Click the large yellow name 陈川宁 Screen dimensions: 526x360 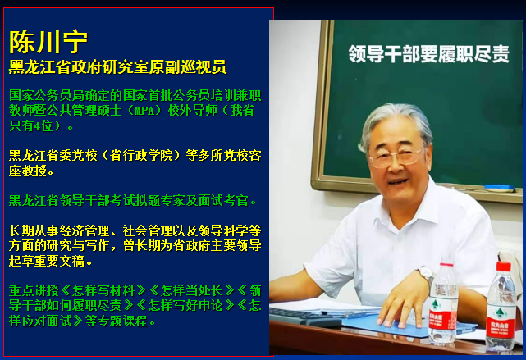coord(48,42)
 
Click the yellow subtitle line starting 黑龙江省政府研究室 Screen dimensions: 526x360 coord(117,66)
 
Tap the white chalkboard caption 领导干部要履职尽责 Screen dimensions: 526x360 coord(428,53)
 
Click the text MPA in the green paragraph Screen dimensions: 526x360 coord(144,111)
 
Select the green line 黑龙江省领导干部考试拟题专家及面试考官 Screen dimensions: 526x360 coord(133,200)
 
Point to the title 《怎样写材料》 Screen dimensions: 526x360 coord(103,290)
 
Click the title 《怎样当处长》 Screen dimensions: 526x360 coord(191,290)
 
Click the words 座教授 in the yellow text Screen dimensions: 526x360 coord(28,171)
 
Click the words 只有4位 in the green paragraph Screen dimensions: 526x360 coord(31,126)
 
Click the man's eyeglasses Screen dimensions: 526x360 coord(395,157)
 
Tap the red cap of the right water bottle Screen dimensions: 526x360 coord(503,267)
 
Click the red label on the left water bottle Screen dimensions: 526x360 coord(442,319)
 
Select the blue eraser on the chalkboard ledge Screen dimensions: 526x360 coord(499,187)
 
